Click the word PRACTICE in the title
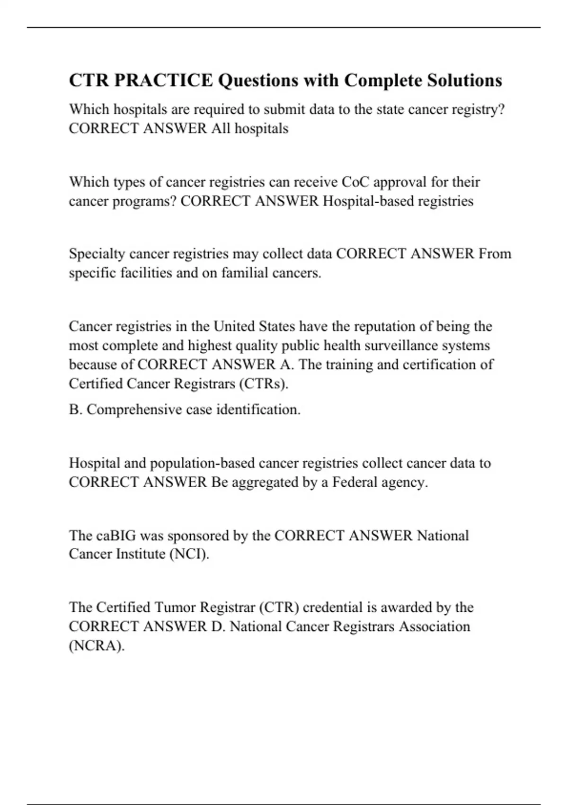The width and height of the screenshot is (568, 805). click(163, 80)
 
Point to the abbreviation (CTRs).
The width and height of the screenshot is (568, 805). click(264, 384)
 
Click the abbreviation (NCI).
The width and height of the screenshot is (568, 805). click(189, 554)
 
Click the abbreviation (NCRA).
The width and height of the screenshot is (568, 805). click(97, 646)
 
